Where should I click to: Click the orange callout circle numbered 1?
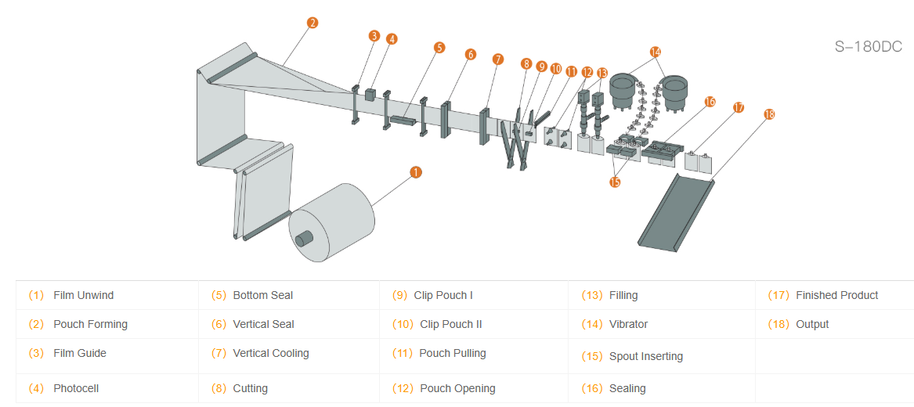tap(416, 171)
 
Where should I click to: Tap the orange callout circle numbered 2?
tap(312, 23)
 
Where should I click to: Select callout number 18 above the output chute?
tap(768, 114)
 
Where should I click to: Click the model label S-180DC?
tap(868, 47)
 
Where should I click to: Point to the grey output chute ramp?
tap(676, 211)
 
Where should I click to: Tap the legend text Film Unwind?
tap(84, 295)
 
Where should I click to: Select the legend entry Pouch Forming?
tap(90, 324)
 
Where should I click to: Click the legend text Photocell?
tap(76, 388)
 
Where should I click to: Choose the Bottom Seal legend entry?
tap(263, 295)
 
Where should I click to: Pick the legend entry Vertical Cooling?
tap(271, 353)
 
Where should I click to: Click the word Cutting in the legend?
tap(251, 388)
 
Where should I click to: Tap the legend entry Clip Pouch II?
tap(451, 324)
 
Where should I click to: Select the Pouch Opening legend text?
tap(457, 388)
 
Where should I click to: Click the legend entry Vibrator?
tap(628, 324)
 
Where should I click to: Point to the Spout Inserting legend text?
tap(646, 356)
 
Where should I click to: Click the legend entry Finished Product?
tap(836, 295)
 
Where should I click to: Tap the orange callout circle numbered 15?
tap(615, 182)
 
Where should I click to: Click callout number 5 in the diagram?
tap(439, 47)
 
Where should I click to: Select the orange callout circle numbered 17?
tap(738, 107)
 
